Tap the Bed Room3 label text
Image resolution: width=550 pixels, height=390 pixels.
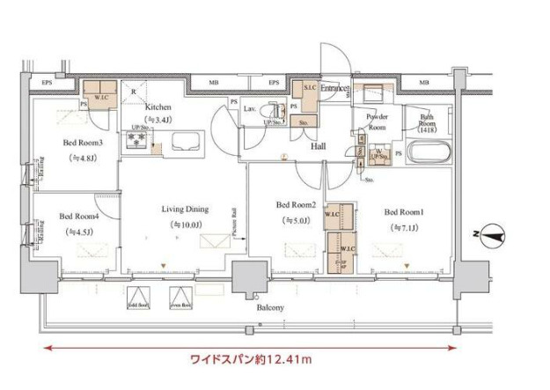tap(84, 143)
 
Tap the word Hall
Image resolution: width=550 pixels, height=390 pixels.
tap(319, 149)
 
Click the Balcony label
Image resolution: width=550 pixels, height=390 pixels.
tap(270, 307)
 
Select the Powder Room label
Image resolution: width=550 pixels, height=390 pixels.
tap(377, 121)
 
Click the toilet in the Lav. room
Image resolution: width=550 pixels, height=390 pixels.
tap(278, 113)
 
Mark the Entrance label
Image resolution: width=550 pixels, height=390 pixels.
tap(335, 89)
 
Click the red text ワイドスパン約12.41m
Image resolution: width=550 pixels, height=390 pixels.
tap(253, 359)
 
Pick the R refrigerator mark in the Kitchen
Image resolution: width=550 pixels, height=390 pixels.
tap(133, 90)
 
